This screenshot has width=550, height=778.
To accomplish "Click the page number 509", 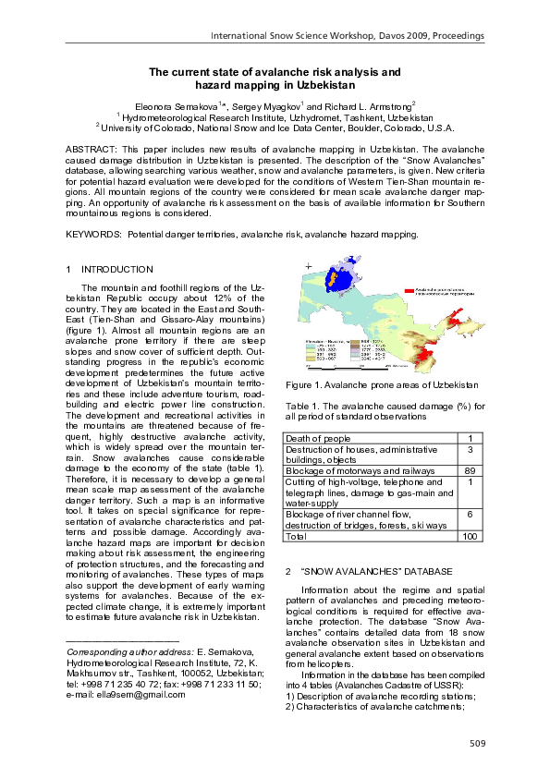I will click(476, 744).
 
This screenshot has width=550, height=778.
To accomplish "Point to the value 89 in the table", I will click(471, 470).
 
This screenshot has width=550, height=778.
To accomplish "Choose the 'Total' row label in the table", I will click(298, 536).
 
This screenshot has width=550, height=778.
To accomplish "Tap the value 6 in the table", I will click(471, 514).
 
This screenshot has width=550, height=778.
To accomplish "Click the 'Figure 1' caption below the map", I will click(382, 383).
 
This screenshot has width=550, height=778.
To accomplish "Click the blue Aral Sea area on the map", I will click(345, 280).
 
